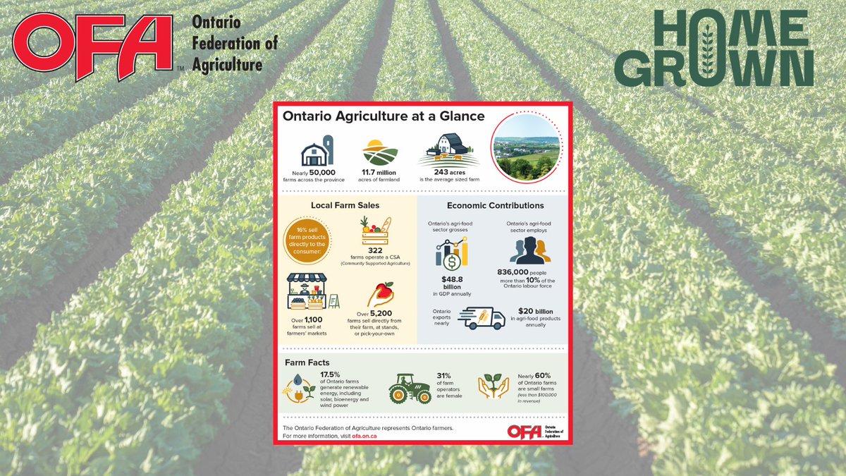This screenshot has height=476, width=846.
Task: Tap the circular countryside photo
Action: pos(527,148)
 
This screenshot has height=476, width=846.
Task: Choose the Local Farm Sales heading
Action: pos(345,206)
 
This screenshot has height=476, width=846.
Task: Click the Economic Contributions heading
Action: pos(496,206)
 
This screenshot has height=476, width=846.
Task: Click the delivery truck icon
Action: pos(482,317)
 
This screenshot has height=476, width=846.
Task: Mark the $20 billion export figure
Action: pos(535,311)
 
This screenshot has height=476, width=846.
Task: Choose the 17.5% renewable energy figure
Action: pos(330,374)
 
